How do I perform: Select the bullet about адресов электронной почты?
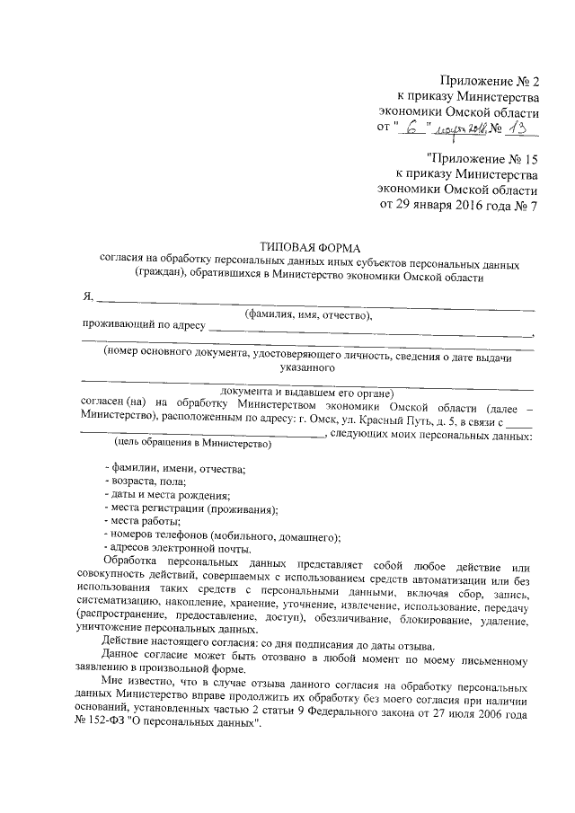(x=178, y=549)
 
